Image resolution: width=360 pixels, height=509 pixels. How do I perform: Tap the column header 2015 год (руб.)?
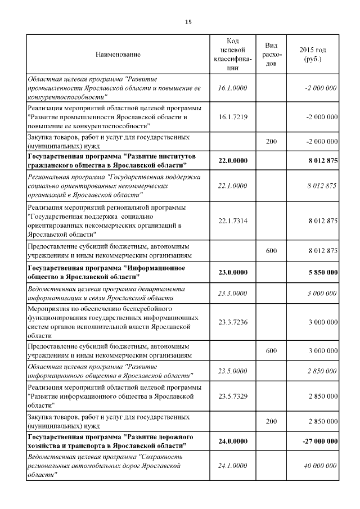(x=314, y=55)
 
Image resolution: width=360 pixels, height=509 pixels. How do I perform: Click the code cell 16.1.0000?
(x=233, y=88)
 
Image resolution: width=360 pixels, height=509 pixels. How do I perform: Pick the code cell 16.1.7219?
(x=233, y=117)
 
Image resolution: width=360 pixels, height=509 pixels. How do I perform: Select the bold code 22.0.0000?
(x=233, y=161)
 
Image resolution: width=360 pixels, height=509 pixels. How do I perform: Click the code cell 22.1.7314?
(x=233, y=221)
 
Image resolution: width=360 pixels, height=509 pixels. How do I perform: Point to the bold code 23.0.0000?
(x=233, y=273)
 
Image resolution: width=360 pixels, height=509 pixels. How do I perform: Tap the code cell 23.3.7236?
(x=233, y=322)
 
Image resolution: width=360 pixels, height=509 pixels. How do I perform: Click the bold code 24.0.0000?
(x=233, y=442)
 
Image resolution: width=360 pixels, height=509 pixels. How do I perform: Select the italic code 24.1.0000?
(x=233, y=466)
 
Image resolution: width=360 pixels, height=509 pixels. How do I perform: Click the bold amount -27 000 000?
(x=319, y=442)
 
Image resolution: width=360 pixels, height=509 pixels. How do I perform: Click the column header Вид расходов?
(x=271, y=55)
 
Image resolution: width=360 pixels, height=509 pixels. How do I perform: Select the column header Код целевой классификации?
(x=233, y=55)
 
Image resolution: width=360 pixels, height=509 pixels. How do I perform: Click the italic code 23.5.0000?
(x=233, y=371)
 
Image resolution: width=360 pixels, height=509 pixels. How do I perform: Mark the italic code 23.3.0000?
(x=233, y=293)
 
